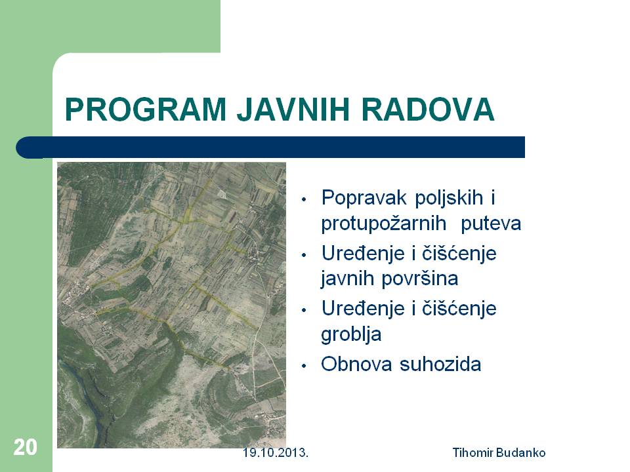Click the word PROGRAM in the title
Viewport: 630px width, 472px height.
pyautogui.click(x=146, y=109)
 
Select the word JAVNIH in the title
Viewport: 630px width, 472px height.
pyautogui.click(x=293, y=109)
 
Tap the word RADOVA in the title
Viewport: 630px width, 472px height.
pyautogui.click(x=428, y=109)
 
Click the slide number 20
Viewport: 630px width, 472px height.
pyautogui.click(x=25, y=447)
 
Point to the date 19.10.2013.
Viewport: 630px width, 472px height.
pyautogui.click(x=275, y=453)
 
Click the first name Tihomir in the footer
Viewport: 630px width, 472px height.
pyautogui.click(x=472, y=453)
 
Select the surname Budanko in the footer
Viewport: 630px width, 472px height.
pyautogui.click(x=520, y=453)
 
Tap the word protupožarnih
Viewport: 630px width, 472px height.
pyautogui.click(x=384, y=224)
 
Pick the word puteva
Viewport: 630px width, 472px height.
pyautogui.click(x=491, y=224)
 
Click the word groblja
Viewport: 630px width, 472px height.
pyautogui.click(x=351, y=334)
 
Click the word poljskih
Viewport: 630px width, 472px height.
pyautogui.click(x=449, y=198)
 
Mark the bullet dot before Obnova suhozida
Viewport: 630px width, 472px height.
pyautogui.click(x=304, y=366)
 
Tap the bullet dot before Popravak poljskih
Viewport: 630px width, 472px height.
pyautogui.click(x=304, y=199)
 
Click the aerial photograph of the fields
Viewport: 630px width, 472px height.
pyautogui.click(x=171, y=305)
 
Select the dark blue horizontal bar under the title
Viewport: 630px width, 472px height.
pyautogui.click(x=270, y=147)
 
